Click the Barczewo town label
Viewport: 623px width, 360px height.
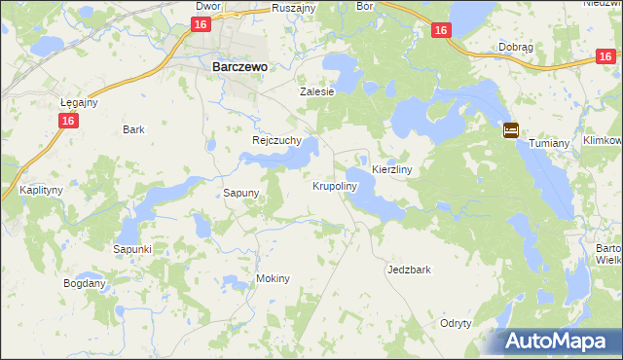(x=240, y=67)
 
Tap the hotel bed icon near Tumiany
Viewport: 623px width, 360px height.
(x=511, y=130)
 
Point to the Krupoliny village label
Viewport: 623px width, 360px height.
(x=336, y=185)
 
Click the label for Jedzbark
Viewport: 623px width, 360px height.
(x=408, y=269)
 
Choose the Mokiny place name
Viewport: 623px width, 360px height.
(x=273, y=278)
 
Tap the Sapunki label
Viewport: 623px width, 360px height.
(x=132, y=249)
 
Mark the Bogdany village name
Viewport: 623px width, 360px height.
(x=84, y=283)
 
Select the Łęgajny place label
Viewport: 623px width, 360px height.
(x=79, y=102)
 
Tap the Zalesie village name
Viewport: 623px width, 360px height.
(x=316, y=91)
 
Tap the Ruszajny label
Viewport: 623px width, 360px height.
(x=293, y=6)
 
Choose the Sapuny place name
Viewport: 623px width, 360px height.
(x=241, y=193)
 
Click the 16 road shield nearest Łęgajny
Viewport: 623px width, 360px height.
(x=67, y=120)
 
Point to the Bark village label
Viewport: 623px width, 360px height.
(x=133, y=129)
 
